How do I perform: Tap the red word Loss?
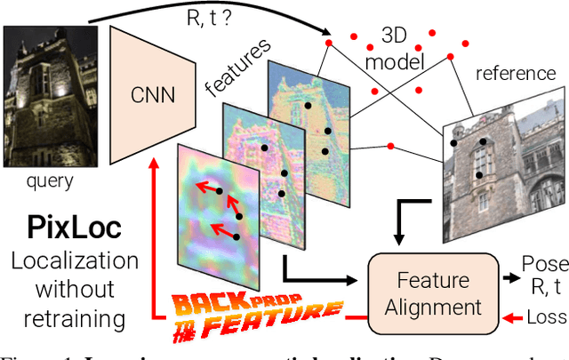tap(543, 316)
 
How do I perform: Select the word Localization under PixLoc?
tap(76, 261)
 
